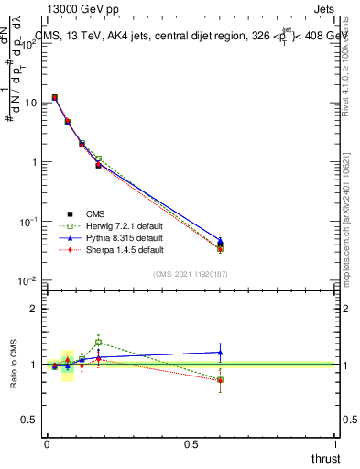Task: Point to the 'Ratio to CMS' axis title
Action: click(14, 364)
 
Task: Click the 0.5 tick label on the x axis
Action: click(191, 443)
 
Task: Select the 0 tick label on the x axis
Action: click(47, 443)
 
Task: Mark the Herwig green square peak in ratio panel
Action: click(98, 343)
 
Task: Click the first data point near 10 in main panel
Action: click(55, 97)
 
